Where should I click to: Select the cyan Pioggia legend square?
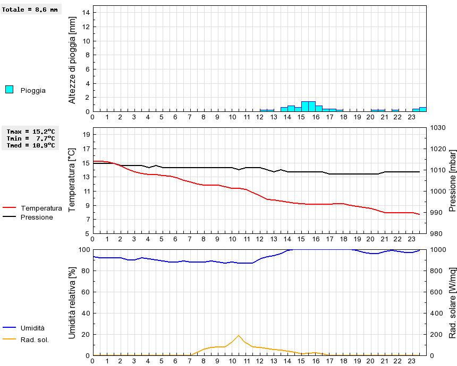pos(9,90)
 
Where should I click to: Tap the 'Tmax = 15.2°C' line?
pos(31,131)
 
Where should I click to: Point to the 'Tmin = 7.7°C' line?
pos(31,138)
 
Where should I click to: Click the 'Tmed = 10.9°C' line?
pos(31,145)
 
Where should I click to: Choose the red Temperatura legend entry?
pos(32,208)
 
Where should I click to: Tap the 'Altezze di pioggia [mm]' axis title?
pos(73,59)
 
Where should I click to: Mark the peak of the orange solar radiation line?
pos(239,335)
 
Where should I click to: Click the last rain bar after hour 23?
pos(423,109)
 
